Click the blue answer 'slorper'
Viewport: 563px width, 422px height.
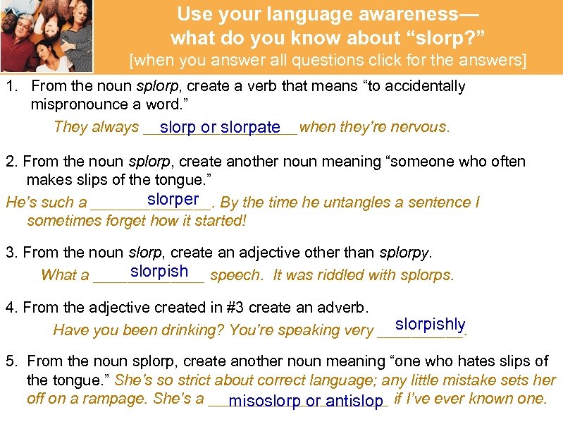(x=173, y=200)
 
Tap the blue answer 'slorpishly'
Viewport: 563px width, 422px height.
(x=430, y=325)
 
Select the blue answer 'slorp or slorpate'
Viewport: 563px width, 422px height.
(x=220, y=128)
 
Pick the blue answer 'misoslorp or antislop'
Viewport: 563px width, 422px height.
(x=305, y=402)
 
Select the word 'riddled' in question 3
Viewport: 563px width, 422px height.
(x=331, y=275)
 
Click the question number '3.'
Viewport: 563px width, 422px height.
(x=11, y=252)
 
